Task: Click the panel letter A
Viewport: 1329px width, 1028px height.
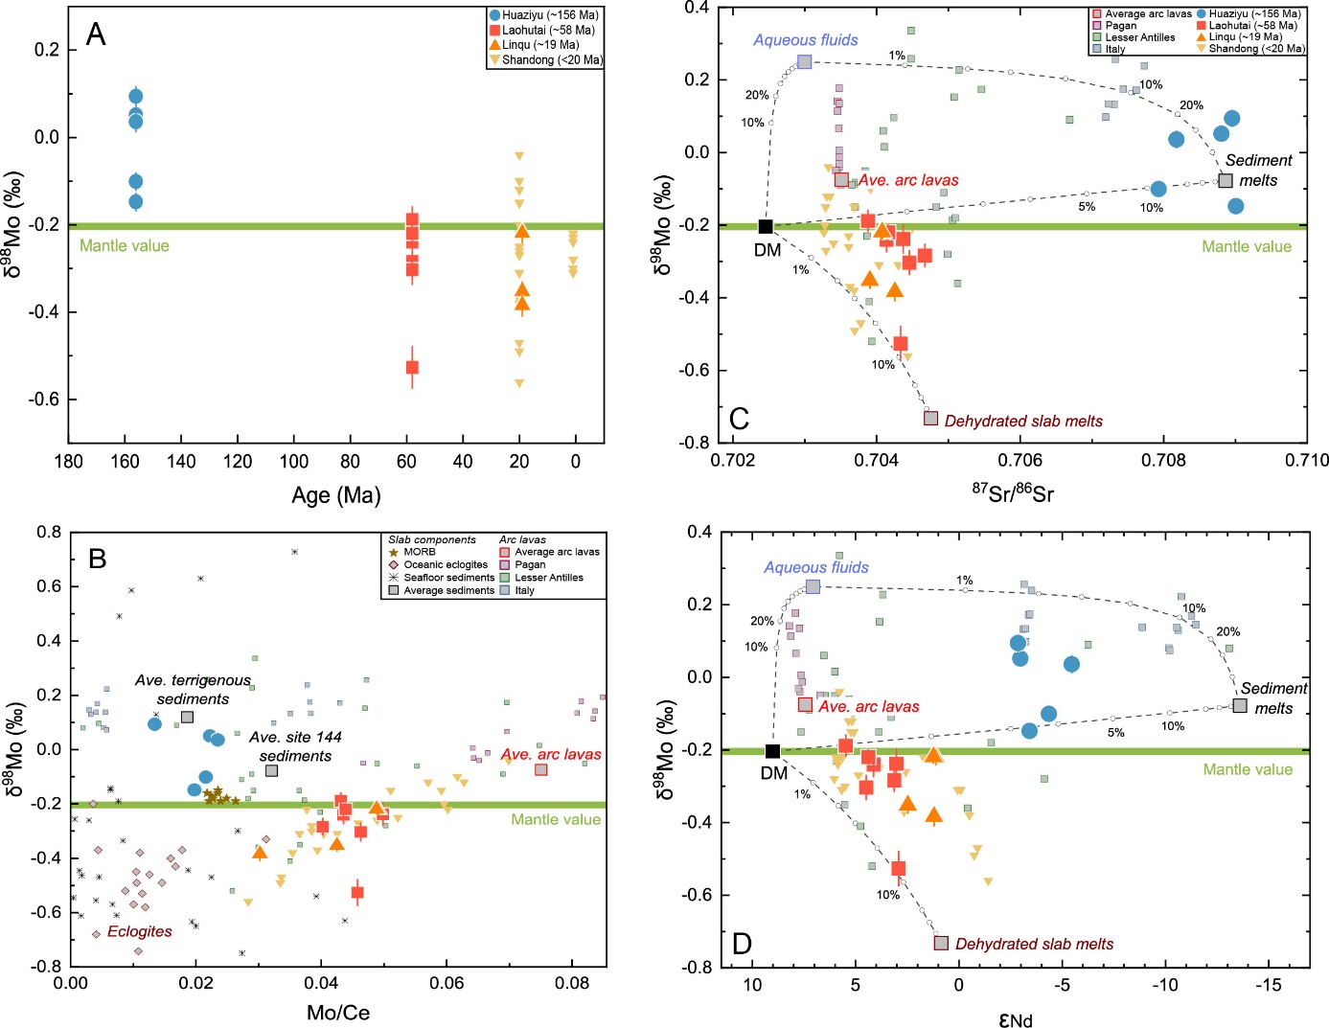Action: click(x=96, y=35)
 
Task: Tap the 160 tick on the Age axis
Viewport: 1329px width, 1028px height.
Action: click(x=125, y=462)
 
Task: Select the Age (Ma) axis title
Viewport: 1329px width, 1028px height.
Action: click(x=336, y=495)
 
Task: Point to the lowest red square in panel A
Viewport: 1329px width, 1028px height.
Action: click(x=412, y=367)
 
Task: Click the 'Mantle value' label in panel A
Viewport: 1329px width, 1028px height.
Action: click(x=125, y=245)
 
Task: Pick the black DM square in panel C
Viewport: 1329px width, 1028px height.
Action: click(x=766, y=226)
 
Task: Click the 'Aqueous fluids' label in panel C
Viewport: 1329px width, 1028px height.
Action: click(x=805, y=40)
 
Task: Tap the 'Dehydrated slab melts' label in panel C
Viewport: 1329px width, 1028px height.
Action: click(x=1022, y=421)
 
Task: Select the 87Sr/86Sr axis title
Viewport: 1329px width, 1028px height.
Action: click(x=1013, y=492)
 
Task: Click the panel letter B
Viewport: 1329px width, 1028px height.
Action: click(x=98, y=560)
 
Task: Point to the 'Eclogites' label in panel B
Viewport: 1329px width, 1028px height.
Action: click(x=140, y=931)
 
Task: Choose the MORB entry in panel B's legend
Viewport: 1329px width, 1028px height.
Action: click(x=419, y=552)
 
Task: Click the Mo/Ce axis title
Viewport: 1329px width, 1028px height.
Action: click(x=337, y=1013)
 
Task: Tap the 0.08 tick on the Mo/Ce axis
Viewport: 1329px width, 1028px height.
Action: click(x=572, y=982)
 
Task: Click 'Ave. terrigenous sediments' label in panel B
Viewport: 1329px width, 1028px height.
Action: click(x=193, y=689)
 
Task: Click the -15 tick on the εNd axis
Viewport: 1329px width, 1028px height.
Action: click(x=1268, y=985)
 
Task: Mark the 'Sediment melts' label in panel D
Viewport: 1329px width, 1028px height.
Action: click(x=1273, y=698)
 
